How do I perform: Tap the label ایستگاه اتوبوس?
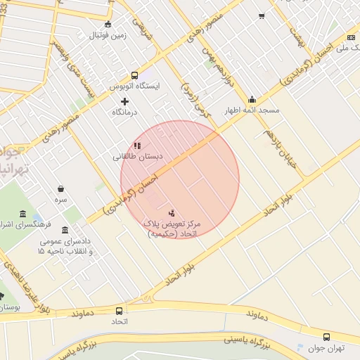134,86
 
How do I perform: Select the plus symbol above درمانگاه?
125,101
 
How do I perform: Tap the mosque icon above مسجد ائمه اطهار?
252,100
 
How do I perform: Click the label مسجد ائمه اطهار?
252,111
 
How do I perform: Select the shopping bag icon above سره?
62,188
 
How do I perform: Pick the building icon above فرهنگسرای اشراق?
23,214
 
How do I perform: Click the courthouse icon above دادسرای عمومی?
65,230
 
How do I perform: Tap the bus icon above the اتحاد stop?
118,310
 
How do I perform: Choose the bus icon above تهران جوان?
326,337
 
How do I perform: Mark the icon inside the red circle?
172,212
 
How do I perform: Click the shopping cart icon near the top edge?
262,15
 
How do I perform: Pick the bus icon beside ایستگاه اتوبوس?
134,75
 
